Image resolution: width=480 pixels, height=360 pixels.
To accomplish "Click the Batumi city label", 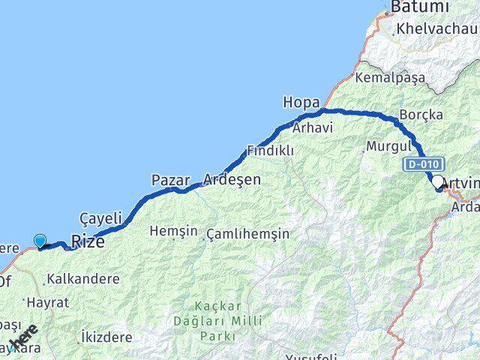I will pyautogui.click(x=419, y=7).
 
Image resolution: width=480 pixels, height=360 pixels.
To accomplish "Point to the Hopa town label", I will pyautogui.click(x=301, y=101).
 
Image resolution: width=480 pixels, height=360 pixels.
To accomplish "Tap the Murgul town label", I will pyautogui.click(x=388, y=145).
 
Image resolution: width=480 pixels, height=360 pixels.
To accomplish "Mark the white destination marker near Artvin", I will pyautogui.click(x=436, y=181).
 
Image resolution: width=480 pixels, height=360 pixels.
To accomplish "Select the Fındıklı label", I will pyautogui.click(x=271, y=151).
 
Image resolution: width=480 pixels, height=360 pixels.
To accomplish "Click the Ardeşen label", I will pyautogui.click(x=232, y=180).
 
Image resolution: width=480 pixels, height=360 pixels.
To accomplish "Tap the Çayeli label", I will pyautogui.click(x=100, y=218).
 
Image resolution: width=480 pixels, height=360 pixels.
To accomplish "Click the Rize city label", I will pyautogui.click(x=87, y=241).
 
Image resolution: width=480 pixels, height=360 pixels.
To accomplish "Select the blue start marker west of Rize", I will pyautogui.click(x=40, y=241).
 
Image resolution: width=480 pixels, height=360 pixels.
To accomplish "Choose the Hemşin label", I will pyautogui.click(x=167, y=230).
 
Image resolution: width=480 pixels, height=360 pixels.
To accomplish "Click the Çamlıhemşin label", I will pyautogui.click(x=247, y=234).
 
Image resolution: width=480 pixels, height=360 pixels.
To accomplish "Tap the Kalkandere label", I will pyautogui.click(x=82, y=279).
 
